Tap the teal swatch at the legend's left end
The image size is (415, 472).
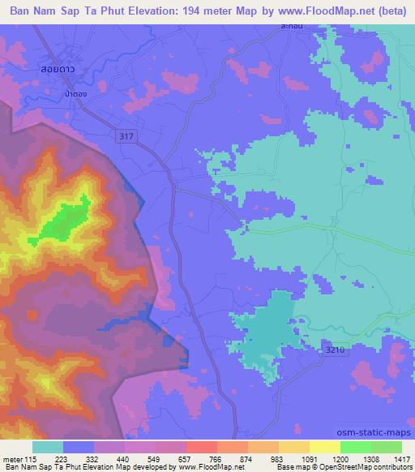(x=48, y=447)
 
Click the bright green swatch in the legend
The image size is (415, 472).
(x=355, y=447)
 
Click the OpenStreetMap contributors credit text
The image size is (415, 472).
(x=372, y=468)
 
